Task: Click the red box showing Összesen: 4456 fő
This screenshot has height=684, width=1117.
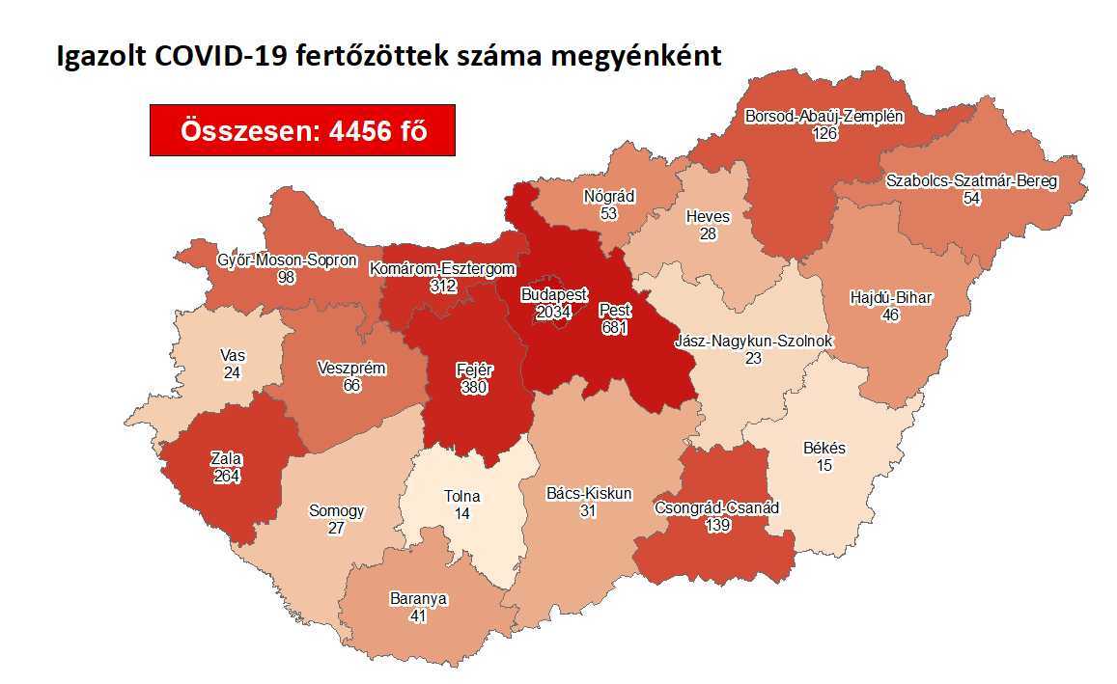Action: click(x=302, y=130)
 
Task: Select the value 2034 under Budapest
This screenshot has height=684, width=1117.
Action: click(x=554, y=312)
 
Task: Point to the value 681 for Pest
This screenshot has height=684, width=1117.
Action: click(x=613, y=328)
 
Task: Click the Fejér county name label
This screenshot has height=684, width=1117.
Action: click(x=473, y=369)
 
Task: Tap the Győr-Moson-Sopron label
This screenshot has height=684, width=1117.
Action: click(x=287, y=260)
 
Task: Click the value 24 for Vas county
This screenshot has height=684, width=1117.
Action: click(x=233, y=373)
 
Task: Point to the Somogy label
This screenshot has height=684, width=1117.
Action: click(x=336, y=510)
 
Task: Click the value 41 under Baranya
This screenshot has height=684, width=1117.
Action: click(x=417, y=616)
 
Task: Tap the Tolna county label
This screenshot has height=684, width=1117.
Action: click(x=461, y=497)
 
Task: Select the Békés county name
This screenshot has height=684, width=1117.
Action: click(x=824, y=448)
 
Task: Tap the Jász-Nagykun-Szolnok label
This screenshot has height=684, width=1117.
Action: click(x=753, y=341)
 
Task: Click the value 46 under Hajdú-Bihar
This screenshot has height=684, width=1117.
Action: click(x=890, y=315)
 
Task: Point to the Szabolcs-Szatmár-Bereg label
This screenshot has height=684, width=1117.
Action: click(x=971, y=180)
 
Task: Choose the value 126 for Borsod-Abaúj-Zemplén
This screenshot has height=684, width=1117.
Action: click(x=824, y=133)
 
